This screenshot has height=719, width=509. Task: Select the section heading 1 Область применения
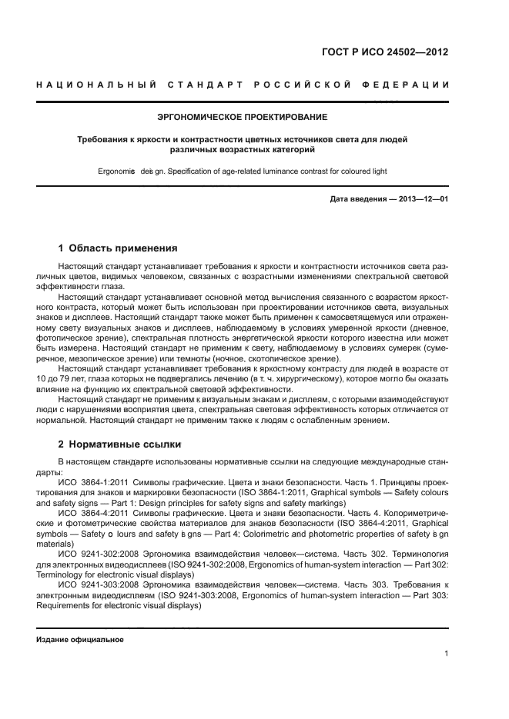coord(118,248)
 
